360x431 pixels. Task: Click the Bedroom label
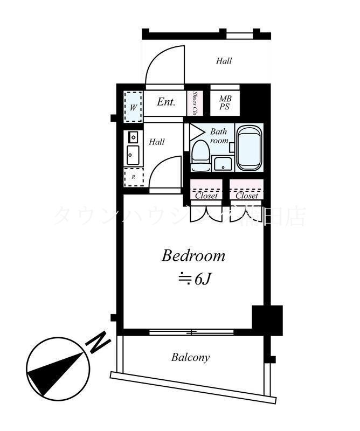[x=193, y=255]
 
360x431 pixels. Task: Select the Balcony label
[x=190, y=357]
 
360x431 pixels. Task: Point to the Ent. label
[x=166, y=101]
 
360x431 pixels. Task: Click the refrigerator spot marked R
[x=133, y=176]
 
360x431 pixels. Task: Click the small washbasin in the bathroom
[x=221, y=163]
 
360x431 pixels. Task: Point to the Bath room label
[x=219, y=136]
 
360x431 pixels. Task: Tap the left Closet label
[x=206, y=196]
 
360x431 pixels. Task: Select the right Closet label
[x=246, y=196]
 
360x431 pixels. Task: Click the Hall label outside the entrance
[x=224, y=61]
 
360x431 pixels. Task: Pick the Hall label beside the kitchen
[x=157, y=142]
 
